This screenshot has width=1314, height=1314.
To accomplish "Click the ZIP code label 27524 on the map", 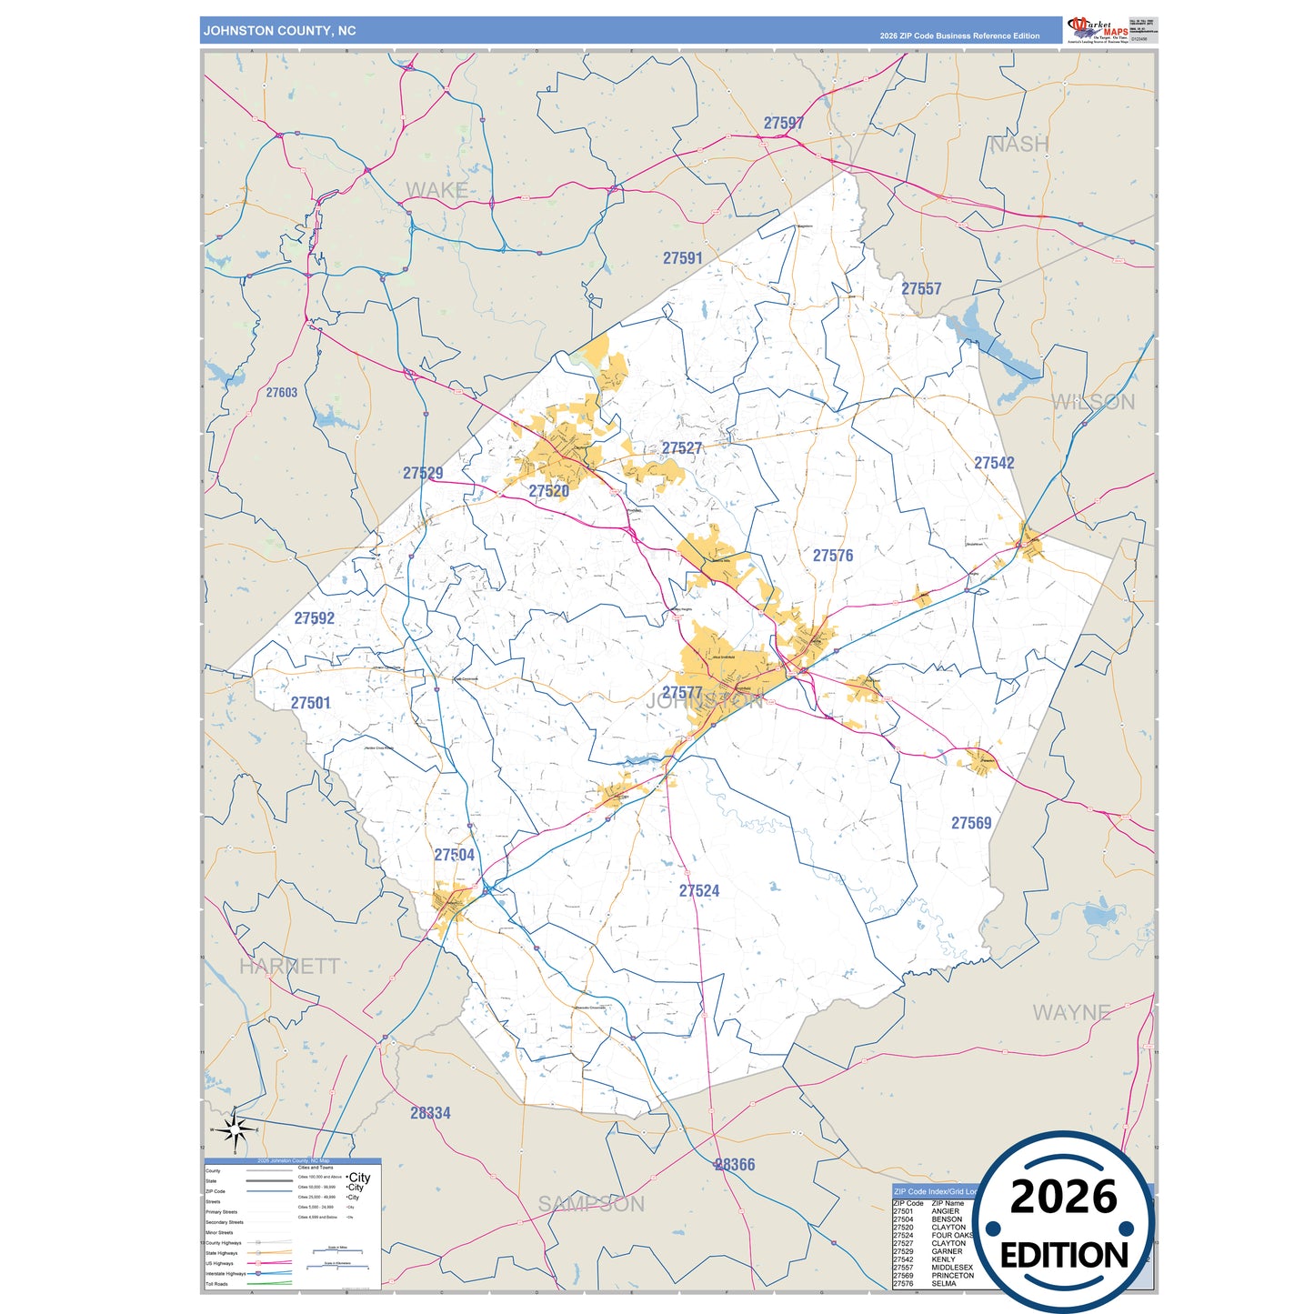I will pos(698,891).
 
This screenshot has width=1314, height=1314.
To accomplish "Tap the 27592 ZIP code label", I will pos(314,618).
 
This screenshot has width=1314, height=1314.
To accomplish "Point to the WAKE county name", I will pos(436,190).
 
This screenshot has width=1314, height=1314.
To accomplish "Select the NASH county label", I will pos(1018,145).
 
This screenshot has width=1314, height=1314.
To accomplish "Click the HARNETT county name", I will pos(289,966).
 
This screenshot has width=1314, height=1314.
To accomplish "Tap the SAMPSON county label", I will pos(591,1204).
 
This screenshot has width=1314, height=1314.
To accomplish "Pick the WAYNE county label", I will pos(1071,1012).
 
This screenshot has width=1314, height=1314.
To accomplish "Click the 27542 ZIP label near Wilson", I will pos(994,463).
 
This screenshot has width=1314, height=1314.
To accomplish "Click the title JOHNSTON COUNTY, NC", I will pos(279,31).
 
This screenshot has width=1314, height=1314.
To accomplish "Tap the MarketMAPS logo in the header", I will pos(1098,30).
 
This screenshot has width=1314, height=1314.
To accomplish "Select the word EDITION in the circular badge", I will pos(1064,1256).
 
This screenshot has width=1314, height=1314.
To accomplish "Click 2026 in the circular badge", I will pos(1063,1197).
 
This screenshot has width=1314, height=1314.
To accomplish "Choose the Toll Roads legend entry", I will pos(216,1284).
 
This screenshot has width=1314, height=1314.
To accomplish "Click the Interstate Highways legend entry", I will pos(226,1274).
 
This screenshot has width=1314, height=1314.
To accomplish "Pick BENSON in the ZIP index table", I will pos(947,1219).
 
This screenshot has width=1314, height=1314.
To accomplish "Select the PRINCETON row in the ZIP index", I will pos(952,1276).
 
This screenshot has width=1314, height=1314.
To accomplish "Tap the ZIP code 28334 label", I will pos(430,1113).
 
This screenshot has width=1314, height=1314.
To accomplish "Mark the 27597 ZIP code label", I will pos(783,124).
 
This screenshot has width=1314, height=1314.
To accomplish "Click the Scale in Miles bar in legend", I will pos(336,1251).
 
